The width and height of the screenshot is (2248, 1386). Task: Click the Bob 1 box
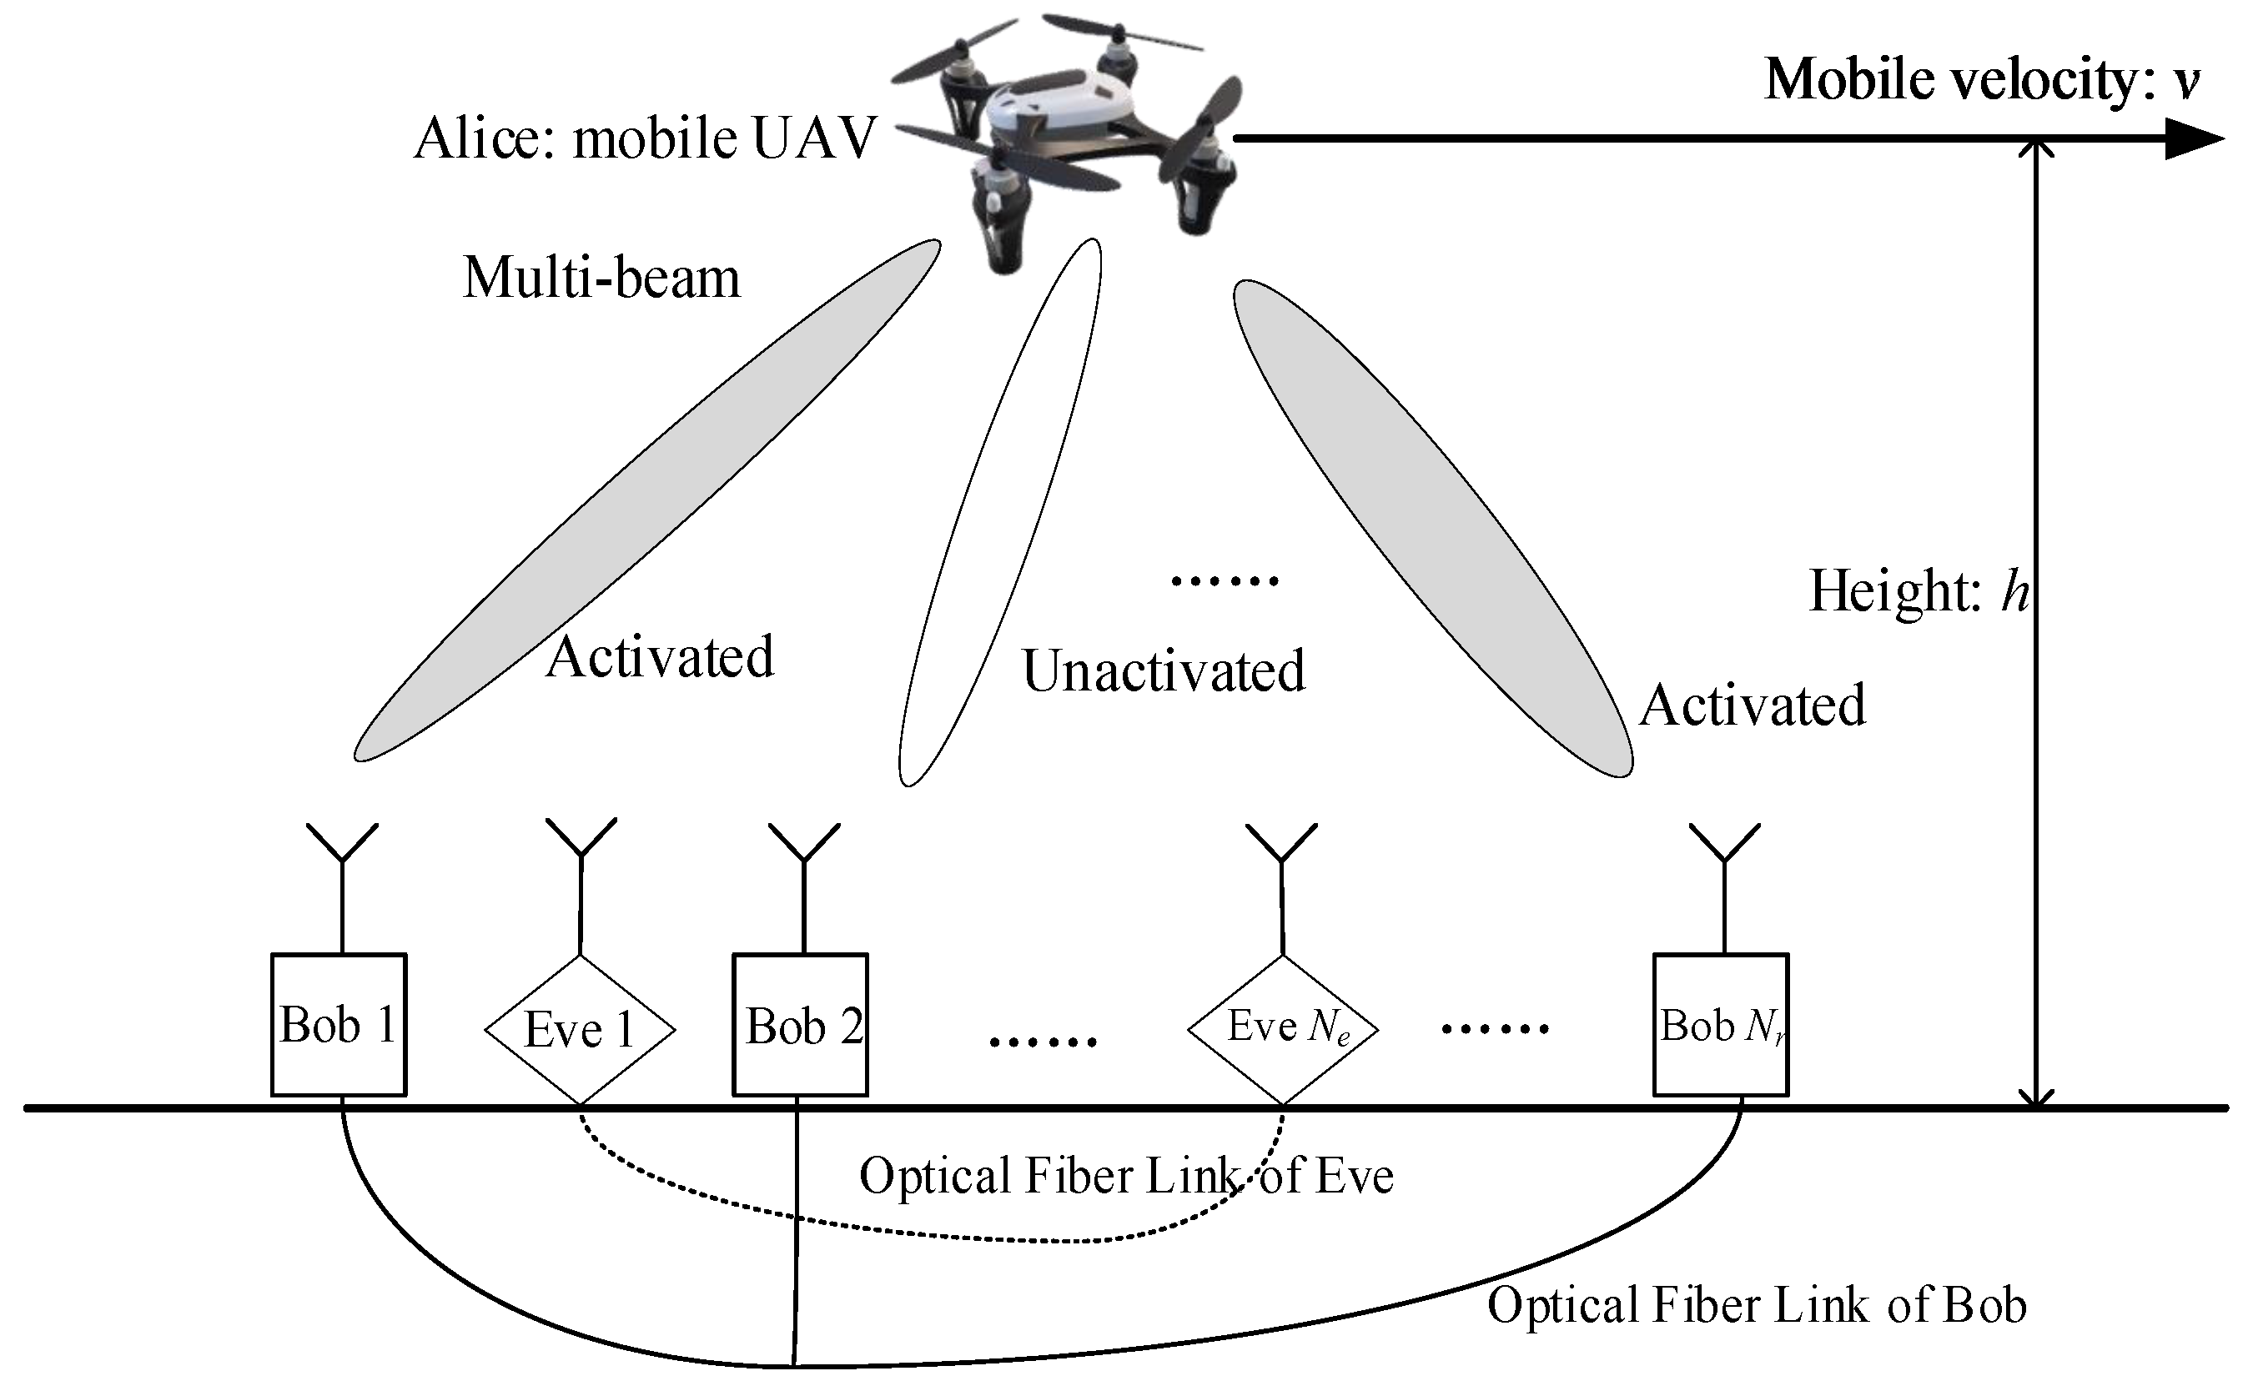coord(339,1025)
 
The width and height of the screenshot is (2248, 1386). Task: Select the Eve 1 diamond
coord(580,1029)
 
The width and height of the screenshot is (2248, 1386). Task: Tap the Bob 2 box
coord(801,1025)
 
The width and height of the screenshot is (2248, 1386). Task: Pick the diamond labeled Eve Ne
coord(1283,1028)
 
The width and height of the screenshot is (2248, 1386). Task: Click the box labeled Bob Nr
coord(1721,1025)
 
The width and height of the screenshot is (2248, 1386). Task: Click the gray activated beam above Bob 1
coord(647,500)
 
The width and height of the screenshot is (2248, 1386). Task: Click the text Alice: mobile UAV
coord(646,139)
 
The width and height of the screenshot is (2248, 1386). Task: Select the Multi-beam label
coord(601,278)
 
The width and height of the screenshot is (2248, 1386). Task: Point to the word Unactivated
coord(1164,671)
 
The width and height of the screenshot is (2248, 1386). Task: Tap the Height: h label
coord(1918,590)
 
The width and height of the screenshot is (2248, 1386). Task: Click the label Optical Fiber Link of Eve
coord(1126,1176)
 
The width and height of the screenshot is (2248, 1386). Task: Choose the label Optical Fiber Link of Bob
coord(1756,1305)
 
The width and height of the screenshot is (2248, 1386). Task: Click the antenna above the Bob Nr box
coord(1724,861)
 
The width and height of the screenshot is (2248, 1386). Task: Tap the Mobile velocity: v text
coord(1980,80)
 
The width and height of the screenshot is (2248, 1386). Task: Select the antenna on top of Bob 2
coord(804,861)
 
